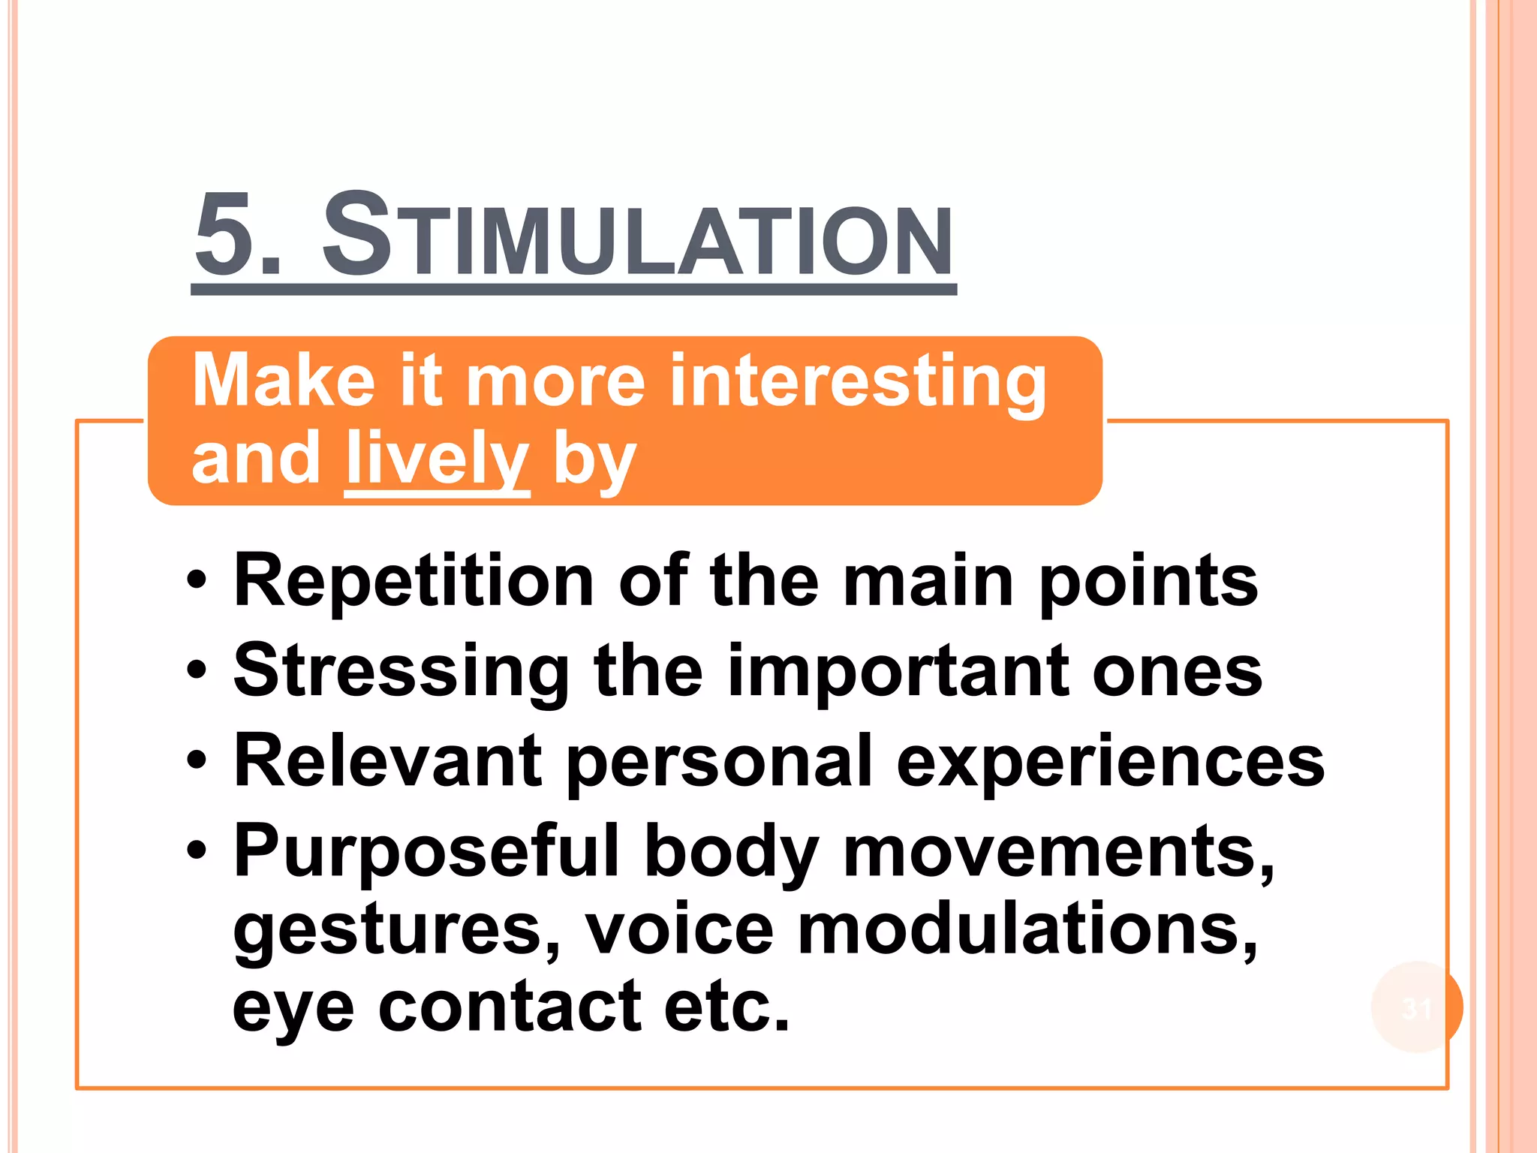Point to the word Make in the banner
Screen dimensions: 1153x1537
pyautogui.click(x=284, y=381)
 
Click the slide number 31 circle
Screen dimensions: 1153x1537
pyautogui.click(x=1417, y=1007)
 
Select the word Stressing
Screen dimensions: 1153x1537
pyautogui.click(x=402, y=673)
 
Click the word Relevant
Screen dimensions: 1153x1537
pyautogui.click(x=387, y=761)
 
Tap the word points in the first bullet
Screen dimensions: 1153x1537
pyautogui.click(x=1148, y=583)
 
